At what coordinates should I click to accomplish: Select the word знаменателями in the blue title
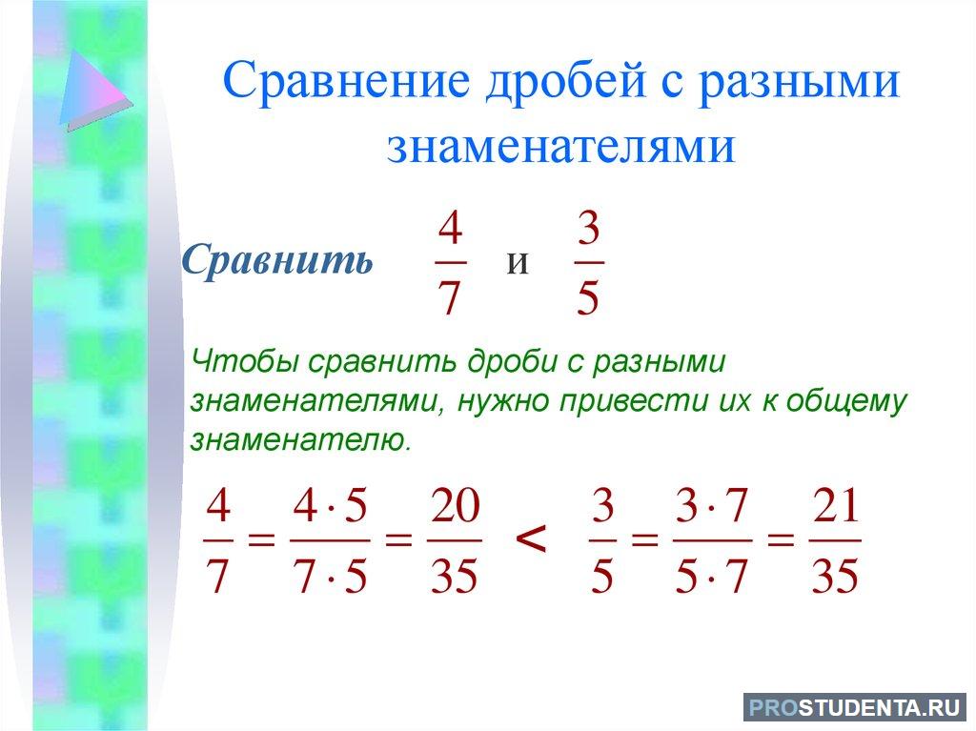561,147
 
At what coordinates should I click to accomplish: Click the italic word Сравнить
277,259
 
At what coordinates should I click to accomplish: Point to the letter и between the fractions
518,262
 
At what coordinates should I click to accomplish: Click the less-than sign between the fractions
531,539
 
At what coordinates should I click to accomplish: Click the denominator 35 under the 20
455,576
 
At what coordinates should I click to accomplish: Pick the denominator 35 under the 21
835,576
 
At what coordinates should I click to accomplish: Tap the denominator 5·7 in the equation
711,576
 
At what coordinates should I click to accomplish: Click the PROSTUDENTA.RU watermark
855,708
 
